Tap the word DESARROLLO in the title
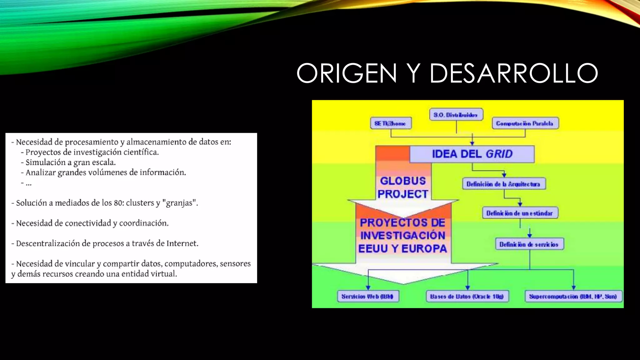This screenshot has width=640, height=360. click(514, 73)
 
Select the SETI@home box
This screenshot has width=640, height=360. click(391, 123)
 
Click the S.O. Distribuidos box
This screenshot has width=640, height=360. click(456, 115)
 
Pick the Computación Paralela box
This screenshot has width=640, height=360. click(525, 123)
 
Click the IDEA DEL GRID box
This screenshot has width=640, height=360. click(472, 154)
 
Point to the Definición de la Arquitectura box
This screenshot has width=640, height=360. click(503, 184)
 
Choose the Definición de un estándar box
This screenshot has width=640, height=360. click(520, 213)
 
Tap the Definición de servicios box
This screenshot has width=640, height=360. click(529, 244)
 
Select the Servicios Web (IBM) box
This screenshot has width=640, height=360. click(368, 296)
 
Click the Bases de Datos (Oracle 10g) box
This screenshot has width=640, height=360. click(467, 296)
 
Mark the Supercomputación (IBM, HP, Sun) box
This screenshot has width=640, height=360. click(573, 296)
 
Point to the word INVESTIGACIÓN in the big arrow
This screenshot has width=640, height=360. click(403, 236)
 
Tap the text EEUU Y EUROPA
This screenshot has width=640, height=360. click(403, 249)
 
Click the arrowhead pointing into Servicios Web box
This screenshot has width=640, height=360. click(368, 287)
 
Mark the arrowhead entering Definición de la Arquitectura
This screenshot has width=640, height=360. click(504, 175)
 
